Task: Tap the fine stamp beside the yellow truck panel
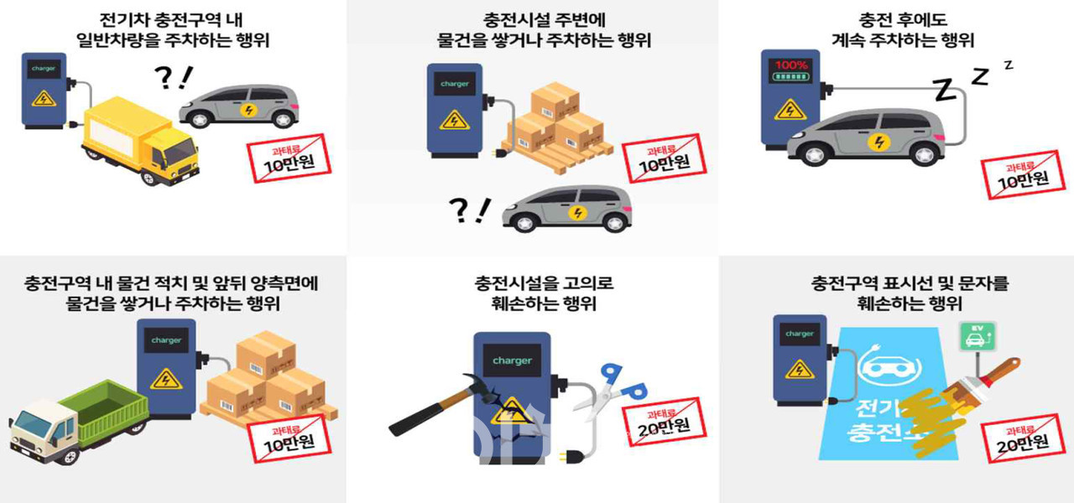click(x=289, y=156)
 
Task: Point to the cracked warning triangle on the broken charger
click(x=510, y=413)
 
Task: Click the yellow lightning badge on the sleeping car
click(x=877, y=141)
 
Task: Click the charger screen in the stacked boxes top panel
click(x=454, y=84)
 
